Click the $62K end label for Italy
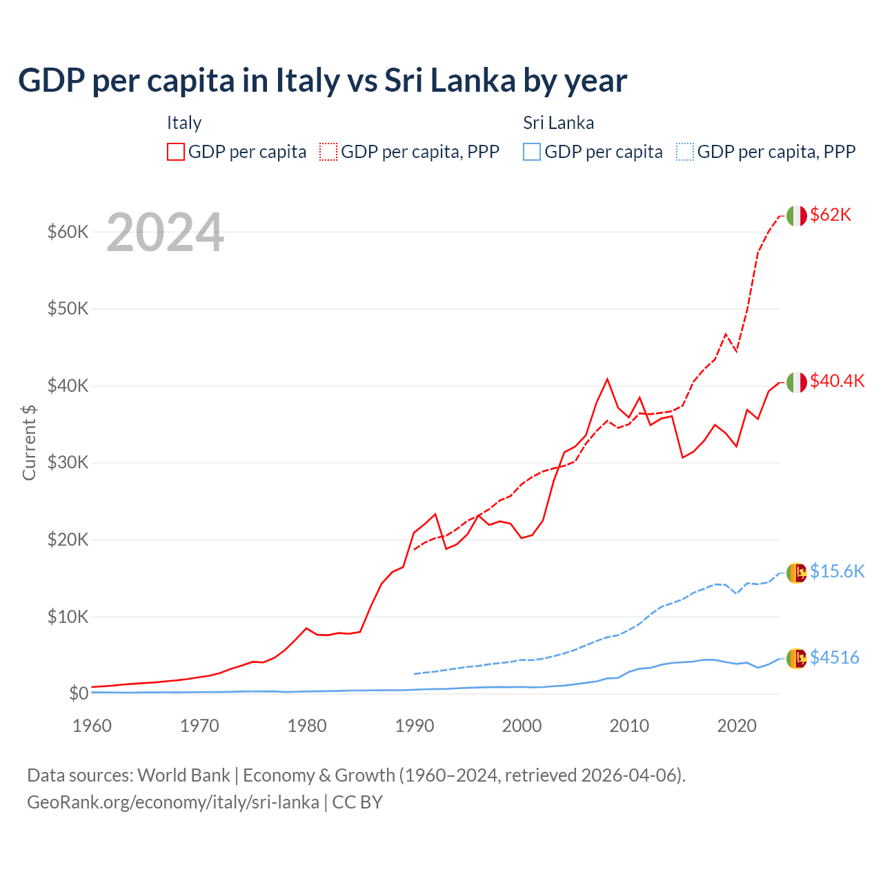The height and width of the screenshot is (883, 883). pyautogui.click(x=831, y=215)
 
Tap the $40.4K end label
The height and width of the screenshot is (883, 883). pyautogui.click(x=837, y=381)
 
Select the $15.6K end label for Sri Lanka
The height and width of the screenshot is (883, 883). pyautogui.click(x=837, y=572)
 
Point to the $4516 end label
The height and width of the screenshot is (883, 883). pyautogui.click(x=834, y=658)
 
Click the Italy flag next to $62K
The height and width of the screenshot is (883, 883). pyautogui.click(x=796, y=216)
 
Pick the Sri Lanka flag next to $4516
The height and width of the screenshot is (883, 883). pyautogui.click(x=796, y=659)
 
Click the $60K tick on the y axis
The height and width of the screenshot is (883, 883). pyautogui.click(x=68, y=232)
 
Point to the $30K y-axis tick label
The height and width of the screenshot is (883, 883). pyautogui.click(x=68, y=463)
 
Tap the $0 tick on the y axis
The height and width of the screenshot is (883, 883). pyautogui.click(x=79, y=694)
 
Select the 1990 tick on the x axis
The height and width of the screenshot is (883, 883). pyautogui.click(x=415, y=726)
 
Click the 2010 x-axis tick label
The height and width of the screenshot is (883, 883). pyautogui.click(x=629, y=726)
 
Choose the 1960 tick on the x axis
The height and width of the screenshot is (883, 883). pyautogui.click(x=92, y=726)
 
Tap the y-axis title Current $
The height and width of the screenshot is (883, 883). pyautogui.click(x=29, y=442)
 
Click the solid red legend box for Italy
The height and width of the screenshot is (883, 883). pyautogui.click(x=176, y=152)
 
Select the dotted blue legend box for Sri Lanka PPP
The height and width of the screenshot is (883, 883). pyautogui.click(x=685, y=152)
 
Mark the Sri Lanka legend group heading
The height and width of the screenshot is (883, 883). pyautogui.click(x=558, y=123)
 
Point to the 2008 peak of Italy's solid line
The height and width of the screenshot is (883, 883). pyautogui.click(x=607, y=379)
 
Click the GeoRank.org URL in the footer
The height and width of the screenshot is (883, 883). pyautogui.click(x=173, y=802)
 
